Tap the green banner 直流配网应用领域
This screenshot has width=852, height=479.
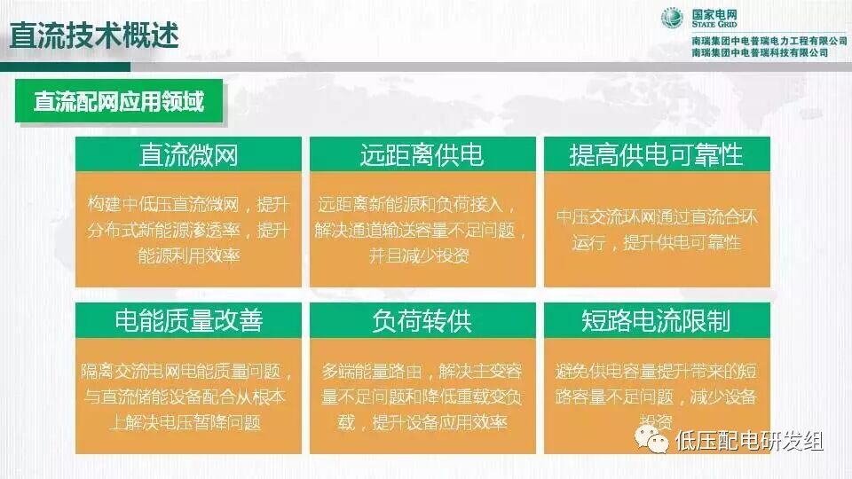click(119, 101)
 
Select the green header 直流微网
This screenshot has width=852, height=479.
click(188, 155)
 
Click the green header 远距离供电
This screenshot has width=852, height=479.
click(422, 155)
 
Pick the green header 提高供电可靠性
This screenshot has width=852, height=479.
click(656, 155)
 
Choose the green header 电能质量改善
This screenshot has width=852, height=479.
click(188, 320)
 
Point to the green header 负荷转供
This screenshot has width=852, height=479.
click(422, 320)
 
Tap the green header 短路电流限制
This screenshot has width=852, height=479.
click(656, 320)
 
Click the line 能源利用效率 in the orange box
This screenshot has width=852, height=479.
click(188, 255)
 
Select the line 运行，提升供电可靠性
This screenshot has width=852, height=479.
click(656, 242)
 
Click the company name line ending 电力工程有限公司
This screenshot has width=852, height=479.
click(769, 41)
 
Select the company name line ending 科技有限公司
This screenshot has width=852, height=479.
click(759, 53)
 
